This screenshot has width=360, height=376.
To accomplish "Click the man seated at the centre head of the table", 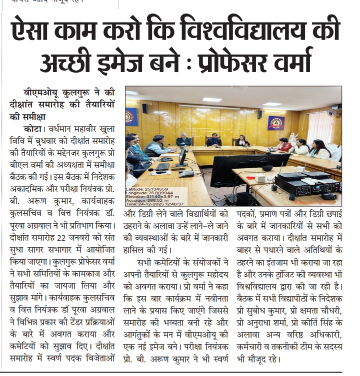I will tap(214, 140).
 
